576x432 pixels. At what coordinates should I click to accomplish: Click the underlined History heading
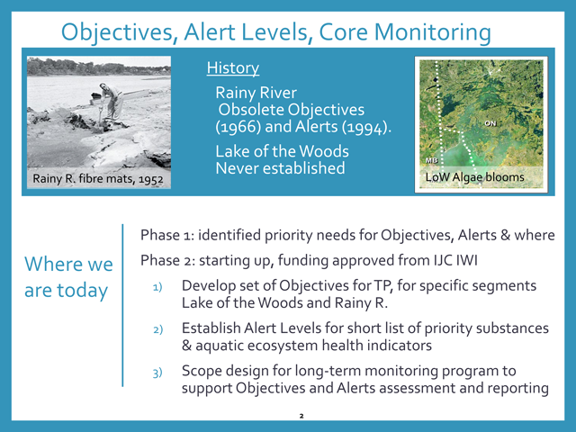point(233,68)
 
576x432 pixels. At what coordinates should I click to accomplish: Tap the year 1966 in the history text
point(238,127)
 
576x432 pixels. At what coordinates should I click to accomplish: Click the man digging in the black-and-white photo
point(110,102)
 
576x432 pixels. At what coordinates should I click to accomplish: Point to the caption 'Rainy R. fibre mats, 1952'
point(98,179)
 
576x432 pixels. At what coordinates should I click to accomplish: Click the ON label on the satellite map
point(490,123)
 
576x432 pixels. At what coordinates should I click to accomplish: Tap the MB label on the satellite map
point(432,160)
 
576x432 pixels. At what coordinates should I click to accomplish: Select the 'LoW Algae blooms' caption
point(474,177)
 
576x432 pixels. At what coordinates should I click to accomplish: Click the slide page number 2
point(301,416)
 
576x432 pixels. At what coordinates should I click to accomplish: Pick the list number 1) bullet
point(157,287)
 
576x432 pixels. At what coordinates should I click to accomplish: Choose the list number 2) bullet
point(158,329)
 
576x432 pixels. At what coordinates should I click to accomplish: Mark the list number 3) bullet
point(157,373)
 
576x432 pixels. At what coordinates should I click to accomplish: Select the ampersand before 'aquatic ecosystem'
point(186,346)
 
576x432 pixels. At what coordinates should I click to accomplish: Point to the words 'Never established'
point(280,168)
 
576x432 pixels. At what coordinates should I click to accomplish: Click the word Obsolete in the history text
point(251,110)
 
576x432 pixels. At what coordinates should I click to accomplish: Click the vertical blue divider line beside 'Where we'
point(122,305)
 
